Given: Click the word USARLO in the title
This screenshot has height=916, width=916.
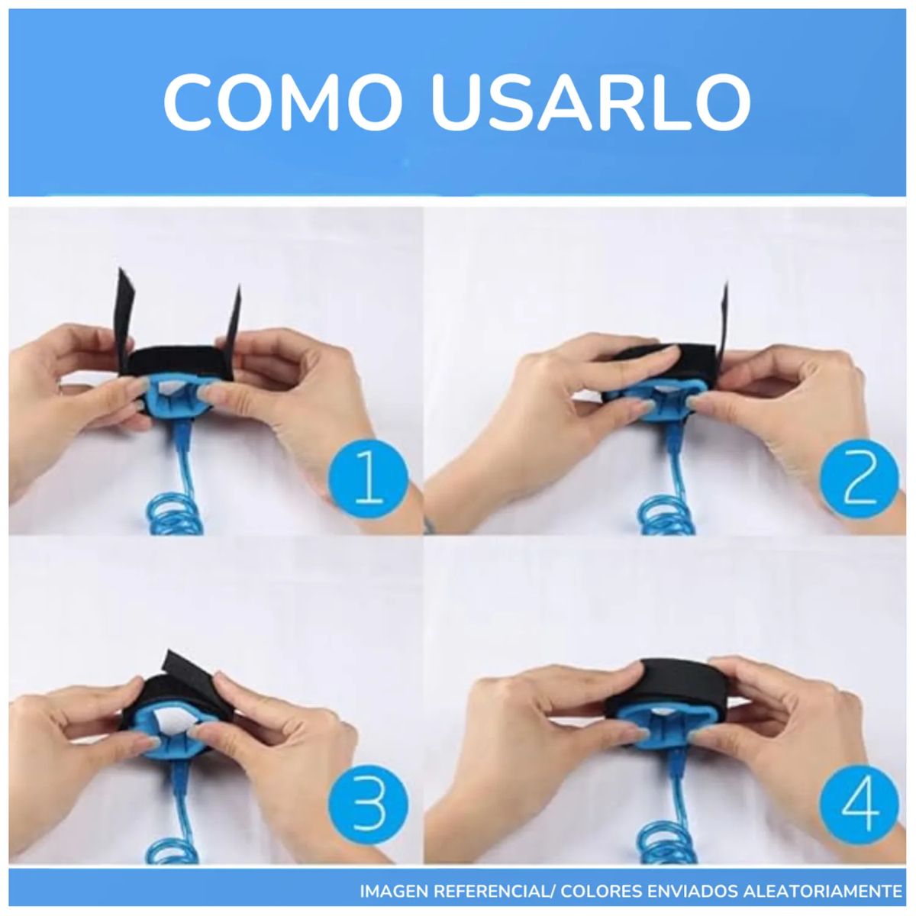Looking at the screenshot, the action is (590, 102).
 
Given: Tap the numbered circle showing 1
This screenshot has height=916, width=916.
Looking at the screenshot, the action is (369, 479).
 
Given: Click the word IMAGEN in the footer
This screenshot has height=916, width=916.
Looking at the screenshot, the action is (395, 891).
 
